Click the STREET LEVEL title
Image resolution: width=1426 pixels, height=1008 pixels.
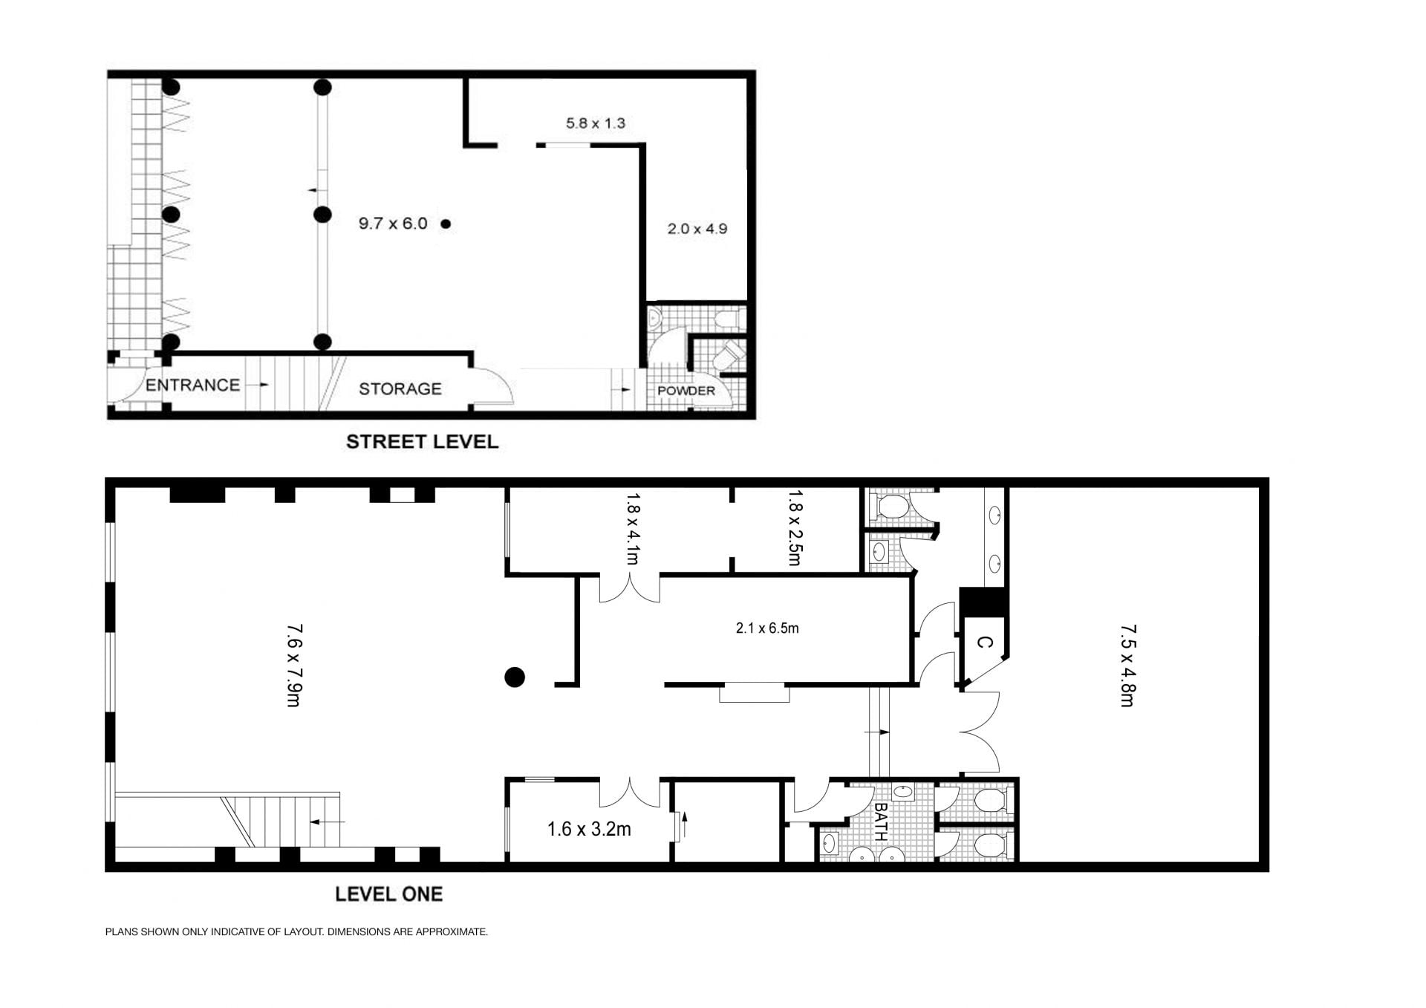422,441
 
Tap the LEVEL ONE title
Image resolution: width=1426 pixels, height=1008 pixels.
388,894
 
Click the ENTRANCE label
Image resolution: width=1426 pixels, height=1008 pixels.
192,385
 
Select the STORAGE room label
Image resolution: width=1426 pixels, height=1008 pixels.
400,388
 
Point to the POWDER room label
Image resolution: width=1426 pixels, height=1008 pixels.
686,391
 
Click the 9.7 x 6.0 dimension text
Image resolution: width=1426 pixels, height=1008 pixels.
393,224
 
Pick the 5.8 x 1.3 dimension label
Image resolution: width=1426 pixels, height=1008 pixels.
595,123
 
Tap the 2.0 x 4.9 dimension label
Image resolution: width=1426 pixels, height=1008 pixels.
697,229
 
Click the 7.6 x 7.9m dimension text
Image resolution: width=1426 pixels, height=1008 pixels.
294,665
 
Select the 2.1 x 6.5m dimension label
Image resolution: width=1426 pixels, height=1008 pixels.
766,628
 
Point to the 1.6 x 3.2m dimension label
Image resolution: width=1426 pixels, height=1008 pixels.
589,829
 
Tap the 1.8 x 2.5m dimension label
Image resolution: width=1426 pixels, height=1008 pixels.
795,527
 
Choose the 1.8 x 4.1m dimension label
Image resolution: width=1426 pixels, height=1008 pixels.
632,527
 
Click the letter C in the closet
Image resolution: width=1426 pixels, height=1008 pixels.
983,643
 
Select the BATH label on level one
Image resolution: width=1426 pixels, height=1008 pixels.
881,821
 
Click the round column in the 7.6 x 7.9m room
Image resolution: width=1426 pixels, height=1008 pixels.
515,677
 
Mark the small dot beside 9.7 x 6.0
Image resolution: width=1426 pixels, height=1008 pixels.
446,224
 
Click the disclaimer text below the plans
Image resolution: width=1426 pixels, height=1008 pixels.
296,931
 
